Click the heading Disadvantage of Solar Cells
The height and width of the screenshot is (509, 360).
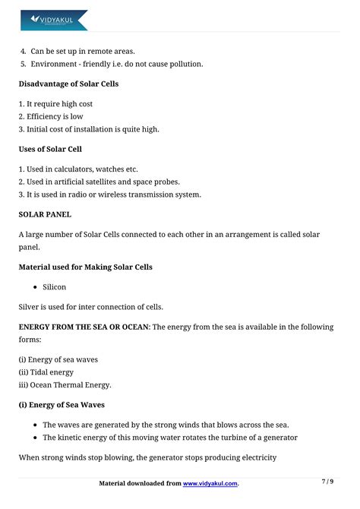(68, 84)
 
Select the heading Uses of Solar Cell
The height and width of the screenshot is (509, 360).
(50, 149)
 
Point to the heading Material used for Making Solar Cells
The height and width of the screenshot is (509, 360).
(85, 267)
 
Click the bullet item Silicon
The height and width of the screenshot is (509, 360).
(54, 287)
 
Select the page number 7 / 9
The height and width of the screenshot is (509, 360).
(327, 482)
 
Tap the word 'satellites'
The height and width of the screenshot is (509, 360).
(128, 182)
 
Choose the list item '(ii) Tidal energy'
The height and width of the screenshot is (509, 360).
(46, 372)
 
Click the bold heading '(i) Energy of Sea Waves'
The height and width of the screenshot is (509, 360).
(62, 405)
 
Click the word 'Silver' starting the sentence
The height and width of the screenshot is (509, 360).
(30, 307)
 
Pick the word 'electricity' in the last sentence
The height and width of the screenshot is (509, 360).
(257, 457)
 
